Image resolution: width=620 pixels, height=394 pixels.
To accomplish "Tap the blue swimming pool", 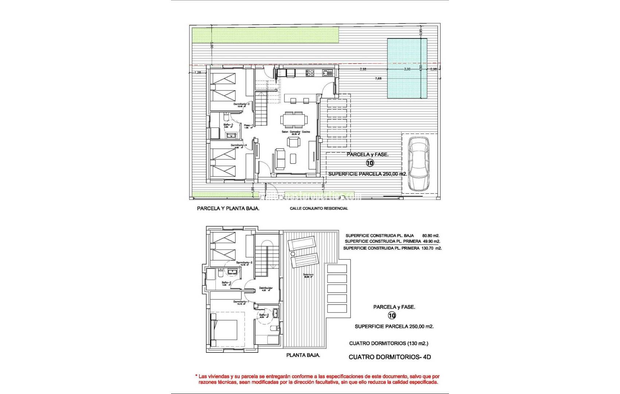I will pyautogui.click(x=407, y=69).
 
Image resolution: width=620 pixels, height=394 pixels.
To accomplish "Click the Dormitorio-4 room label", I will pyautogui.click(x=239, y=145).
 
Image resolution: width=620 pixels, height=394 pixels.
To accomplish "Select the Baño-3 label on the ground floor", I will pyautogui.click(x=228, y=125).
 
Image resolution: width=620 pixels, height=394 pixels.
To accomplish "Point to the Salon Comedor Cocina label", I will pyautogui.click(x=296, y=132).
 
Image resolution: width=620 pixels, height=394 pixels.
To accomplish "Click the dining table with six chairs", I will pyautogui.click(x=294, y=119).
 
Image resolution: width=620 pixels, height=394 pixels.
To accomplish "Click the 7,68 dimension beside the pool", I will pyautogui.click(x=379, y=78).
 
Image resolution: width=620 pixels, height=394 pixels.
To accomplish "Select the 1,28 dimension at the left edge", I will pyautogui.click(x=198, y=73).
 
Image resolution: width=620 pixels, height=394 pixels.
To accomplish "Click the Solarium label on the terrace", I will pyautogui.click(x=308, y=275).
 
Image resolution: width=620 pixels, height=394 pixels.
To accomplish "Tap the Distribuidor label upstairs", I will pyautogui.click(x=266, y=288).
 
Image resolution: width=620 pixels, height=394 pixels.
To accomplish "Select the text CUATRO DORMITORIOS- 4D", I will pyautogui.click(x=390, y=357).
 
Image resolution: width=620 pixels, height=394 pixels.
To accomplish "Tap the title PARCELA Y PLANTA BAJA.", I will pyautogui.click(x=228, y=209).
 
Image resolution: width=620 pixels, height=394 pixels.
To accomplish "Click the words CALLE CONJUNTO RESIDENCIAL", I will pyautogui.click(x=319, y=209).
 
